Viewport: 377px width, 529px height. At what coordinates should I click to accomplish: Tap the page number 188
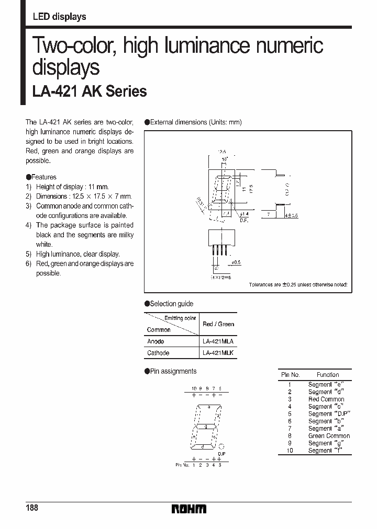pyautogui.click(x=31, y=508)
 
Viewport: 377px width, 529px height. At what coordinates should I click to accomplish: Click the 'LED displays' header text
pyautogui.click(x=59, y=17)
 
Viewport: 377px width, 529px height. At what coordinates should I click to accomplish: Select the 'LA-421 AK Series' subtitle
pyautogui.click(x=90, y=91)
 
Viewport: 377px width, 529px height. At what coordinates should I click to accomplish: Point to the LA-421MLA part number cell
pyautogui.click(x=218, y=341)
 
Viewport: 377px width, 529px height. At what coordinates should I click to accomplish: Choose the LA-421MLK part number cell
pyautogui.click(x=218, y=353)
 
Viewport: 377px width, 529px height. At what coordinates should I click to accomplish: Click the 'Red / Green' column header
pyautogui.click(x=218, y=324)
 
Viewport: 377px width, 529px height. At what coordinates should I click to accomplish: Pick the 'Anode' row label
pyautogui.click(x=156, y=341)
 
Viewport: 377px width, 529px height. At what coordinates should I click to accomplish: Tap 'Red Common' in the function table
pyautogui.click(x=326, y=399)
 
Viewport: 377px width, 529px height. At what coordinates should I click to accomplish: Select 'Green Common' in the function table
pyautogui.click(x=329, y=435)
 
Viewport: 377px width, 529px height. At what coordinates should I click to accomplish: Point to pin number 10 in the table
pyautogui.click(x=290, y=450)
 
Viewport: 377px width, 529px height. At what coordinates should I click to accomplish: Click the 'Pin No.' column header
pyautogui.click(x=290, y=375)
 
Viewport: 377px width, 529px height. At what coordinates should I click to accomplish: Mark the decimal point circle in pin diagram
pyautogui.click(x=221, y=447)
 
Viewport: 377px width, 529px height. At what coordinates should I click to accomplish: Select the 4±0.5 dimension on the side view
pyautogui.click(x=291, y=215)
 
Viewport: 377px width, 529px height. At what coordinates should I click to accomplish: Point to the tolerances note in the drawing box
pyautogui.click(x=298, y=285)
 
